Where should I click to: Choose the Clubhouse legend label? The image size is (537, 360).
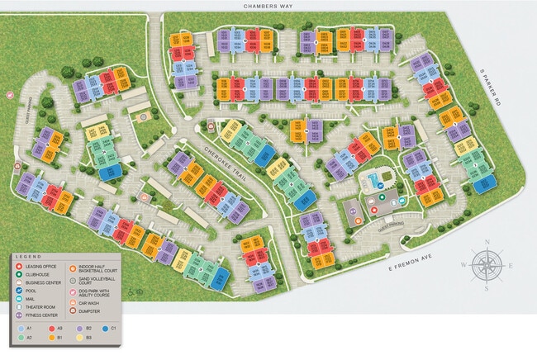tap(37, 275)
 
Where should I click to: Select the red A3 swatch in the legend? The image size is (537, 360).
tap(53, 329)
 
